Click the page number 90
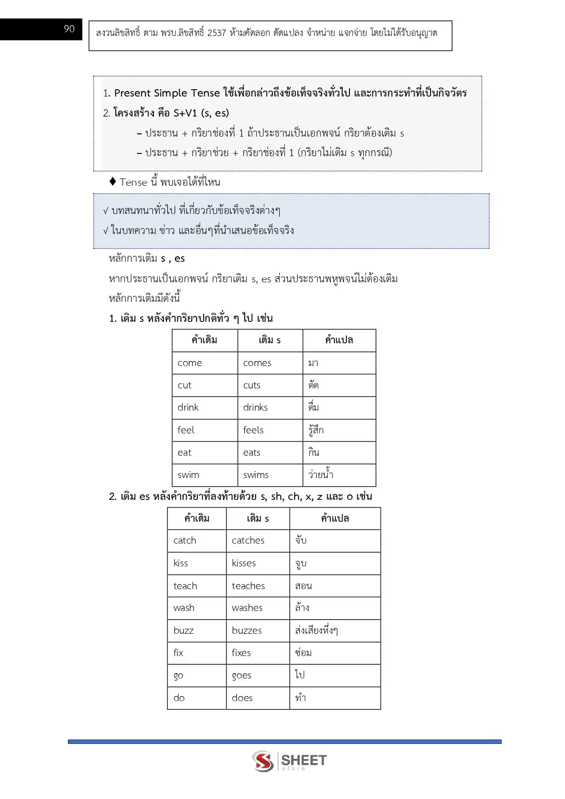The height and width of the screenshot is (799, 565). pyautogui.click(x=69, y=29)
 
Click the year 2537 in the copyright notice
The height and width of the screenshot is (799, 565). pyautogui.click(x=216, y=33)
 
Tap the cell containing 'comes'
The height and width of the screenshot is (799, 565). pyautogui.click(x=270, y=363)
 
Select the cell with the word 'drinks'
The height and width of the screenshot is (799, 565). pyautogui.click(x=270, y=407)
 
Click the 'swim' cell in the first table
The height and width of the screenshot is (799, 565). pyautogui.click(x=205, y=475)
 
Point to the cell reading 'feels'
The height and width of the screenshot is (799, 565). pyautogui.click(x=270, y=430)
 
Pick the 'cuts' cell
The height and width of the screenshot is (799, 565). pyautogui.click(x=270, y=385)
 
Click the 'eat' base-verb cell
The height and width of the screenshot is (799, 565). pyautogui.click(x=205, y=453)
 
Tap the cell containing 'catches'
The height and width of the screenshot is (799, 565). pyautogui.click(x=257, y=540)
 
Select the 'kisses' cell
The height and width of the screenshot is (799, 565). pyautogui.click(x=257, y=563)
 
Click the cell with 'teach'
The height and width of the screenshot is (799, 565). pyautogui.click(x=196, y=586)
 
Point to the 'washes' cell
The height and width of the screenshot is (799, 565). pyautogui.click(x=257, y=608)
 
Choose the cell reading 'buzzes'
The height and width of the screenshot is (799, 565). pyautogui.click(x=257, y=631)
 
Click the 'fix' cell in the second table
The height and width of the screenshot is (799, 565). pyautogui.click(x=196, y=653)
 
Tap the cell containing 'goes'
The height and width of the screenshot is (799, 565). pyautogui.click(x=257, y=675)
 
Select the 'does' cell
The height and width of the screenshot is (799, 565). pyautogui.click(x=257, y=698)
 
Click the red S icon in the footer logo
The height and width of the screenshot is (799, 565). pyautogui.click(x=263, y=761)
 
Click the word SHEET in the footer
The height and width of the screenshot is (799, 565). pyautogui.click(x=303, y=760)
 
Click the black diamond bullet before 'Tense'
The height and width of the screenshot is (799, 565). pyautogui.click(x=113, y=182)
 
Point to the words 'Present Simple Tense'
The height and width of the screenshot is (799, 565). pyautogui.click(x=167, y=93)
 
